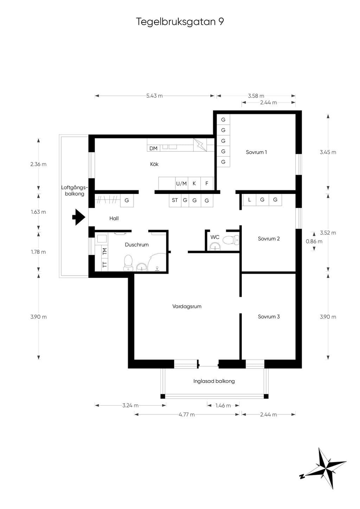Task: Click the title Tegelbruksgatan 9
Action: coord(180,22)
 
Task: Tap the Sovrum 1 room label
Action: coord(256,152)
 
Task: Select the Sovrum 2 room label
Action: coord(269,239)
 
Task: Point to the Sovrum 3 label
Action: coord(269,317)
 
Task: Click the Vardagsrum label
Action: coord(187,307)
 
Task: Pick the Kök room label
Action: coord(154,164)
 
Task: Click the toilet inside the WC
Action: coord(231,240)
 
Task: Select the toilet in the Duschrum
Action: coord(128,263)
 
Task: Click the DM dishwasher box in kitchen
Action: coord(154,148)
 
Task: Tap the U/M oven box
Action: coord(181,183)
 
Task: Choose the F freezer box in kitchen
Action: coord(207,183)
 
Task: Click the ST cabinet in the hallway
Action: coord(175,200)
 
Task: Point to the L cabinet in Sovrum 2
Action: coord(250,200)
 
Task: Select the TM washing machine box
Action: coord(105,251)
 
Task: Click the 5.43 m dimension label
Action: coord(154,96)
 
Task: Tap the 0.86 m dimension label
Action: coord(314,241)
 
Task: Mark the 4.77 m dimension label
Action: coord(187,415)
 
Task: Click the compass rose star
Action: coord(324,468)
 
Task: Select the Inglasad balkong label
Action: coord(214,381)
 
